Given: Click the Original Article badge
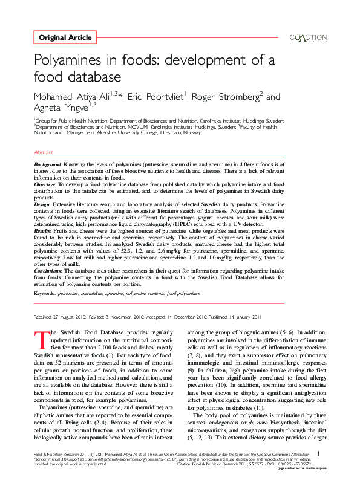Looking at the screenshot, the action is coord(65,37).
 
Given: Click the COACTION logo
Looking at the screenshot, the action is coord(309,37).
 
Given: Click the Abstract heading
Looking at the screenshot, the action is coord(44,153).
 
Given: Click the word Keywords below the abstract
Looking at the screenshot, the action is coord(45,293).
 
